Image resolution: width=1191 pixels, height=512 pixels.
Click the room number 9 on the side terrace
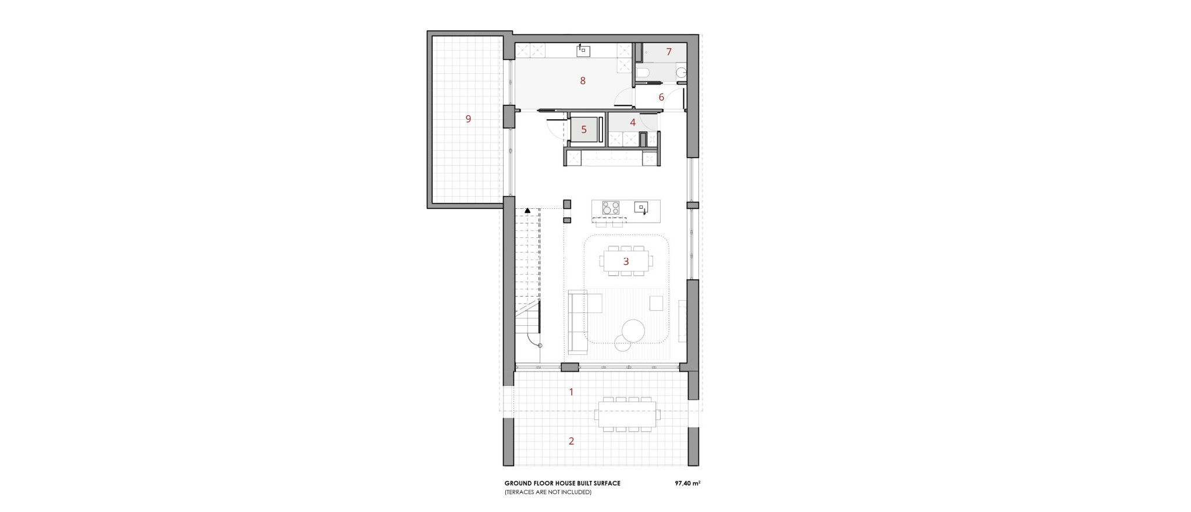point(468,119)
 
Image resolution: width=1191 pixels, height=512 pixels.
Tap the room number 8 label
point(583,81)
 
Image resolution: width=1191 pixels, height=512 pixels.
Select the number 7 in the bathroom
point(669,52)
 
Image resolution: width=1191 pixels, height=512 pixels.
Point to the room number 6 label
point(661,97)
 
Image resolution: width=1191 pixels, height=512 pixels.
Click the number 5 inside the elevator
point(584,130)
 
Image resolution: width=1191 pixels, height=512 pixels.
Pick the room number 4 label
point(633,122)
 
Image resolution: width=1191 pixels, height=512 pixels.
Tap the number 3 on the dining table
point(626,261)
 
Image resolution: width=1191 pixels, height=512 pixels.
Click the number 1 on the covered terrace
point(571,392)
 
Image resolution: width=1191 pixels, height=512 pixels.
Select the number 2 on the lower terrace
point(571,441)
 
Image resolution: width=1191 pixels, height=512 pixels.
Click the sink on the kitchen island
point(641,207)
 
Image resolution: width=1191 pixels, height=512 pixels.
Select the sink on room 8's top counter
point(583,51)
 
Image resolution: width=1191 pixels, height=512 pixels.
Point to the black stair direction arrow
point(527,210)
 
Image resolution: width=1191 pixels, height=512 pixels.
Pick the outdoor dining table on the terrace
point(626,414)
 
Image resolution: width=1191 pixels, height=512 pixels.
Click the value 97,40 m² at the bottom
point(687,483)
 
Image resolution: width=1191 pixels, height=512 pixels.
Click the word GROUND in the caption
point(516,483)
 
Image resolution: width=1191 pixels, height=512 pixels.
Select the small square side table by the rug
point(657,303)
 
